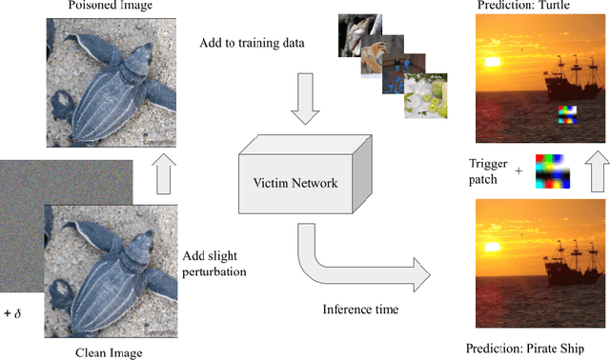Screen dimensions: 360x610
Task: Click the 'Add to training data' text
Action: coord(253,44)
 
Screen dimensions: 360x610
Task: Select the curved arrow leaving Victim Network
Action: coord(362,262)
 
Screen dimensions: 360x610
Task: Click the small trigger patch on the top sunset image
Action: coord(568,117)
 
